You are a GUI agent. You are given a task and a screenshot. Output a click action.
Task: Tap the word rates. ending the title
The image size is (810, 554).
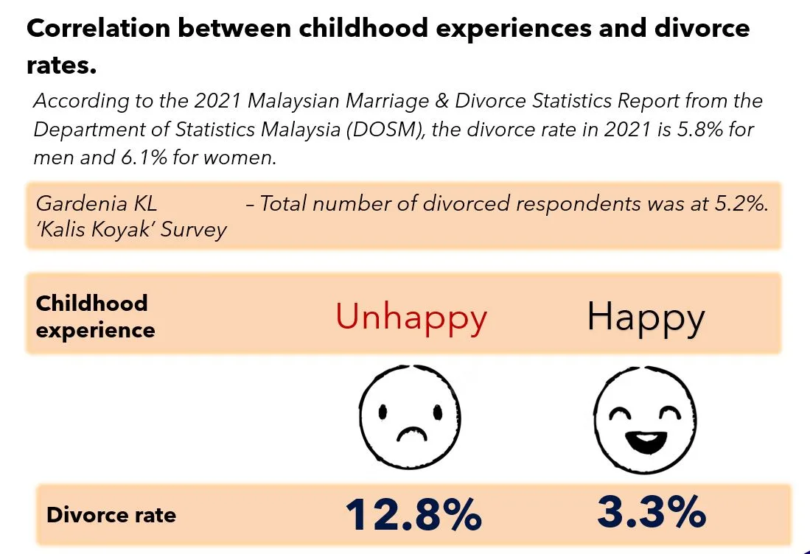[x=61, y=66]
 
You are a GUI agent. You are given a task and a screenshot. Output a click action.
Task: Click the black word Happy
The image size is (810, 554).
[x=646, y=318]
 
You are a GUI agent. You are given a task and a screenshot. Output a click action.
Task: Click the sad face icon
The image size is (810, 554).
[x=410, y=415]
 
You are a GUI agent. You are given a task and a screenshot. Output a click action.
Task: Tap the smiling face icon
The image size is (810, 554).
[x=646, y=418]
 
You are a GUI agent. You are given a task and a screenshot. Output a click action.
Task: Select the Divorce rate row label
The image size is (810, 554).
[x=111, y=514]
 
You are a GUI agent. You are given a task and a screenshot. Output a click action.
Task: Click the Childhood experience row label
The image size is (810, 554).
[x=95, y=316]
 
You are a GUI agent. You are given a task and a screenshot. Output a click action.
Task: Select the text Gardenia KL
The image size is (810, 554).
[x=97, y=203]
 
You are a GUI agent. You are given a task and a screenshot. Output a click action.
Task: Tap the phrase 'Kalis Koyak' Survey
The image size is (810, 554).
[x=131, y=230]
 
